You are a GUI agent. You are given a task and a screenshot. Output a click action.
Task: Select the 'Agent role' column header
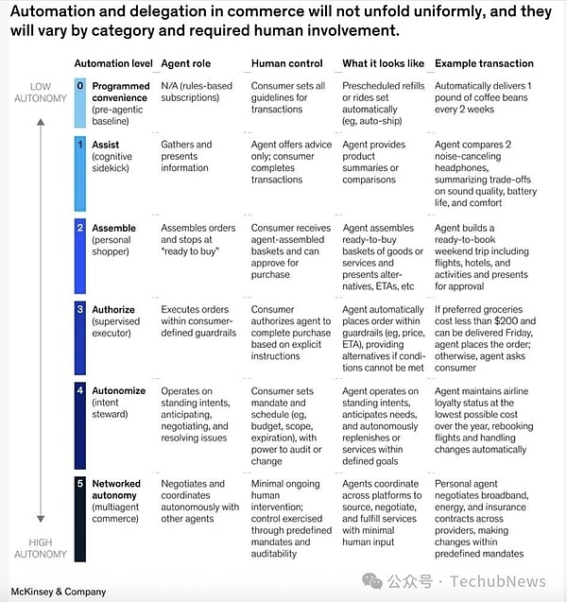coord(186,63)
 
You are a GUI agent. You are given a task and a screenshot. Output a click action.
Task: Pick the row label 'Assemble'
coord(114,229)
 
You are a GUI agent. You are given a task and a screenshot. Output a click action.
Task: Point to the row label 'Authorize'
coord(113,309)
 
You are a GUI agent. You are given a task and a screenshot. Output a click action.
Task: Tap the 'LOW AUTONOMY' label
coord(33,92)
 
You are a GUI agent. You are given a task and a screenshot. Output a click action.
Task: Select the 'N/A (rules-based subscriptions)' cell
coord(197,93)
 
